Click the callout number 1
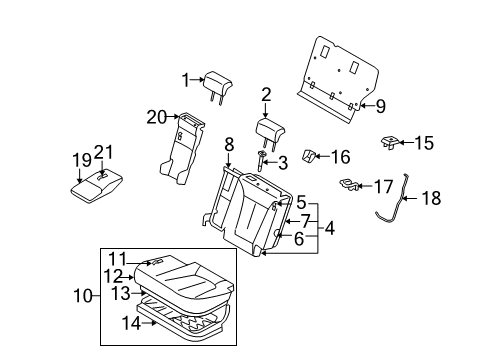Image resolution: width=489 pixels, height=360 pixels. [186, 80]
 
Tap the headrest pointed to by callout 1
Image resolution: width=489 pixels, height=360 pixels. [217, 86]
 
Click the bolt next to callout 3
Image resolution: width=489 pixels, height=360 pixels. [261, 161]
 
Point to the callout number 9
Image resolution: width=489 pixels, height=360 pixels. [381, 106]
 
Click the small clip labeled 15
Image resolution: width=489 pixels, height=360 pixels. [390, 142]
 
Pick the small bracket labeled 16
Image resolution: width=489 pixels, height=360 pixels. [309, 156]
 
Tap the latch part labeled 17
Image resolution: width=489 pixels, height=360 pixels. [349, 184]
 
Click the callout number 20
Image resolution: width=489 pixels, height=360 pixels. [157, 117]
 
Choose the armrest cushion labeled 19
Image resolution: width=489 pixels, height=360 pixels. [96, 186]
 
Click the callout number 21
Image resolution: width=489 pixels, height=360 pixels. [103, 152]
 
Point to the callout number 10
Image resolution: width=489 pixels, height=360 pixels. [83, 296]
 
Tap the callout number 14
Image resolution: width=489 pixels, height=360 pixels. [131, 323]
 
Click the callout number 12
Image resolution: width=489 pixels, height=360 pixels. [114, 276]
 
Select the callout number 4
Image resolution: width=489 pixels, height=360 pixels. [330, 228]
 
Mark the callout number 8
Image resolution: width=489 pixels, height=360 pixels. [229, 145]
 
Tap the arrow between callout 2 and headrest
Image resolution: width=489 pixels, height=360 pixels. [266, 110]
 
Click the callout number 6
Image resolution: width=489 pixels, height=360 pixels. [299, 239]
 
